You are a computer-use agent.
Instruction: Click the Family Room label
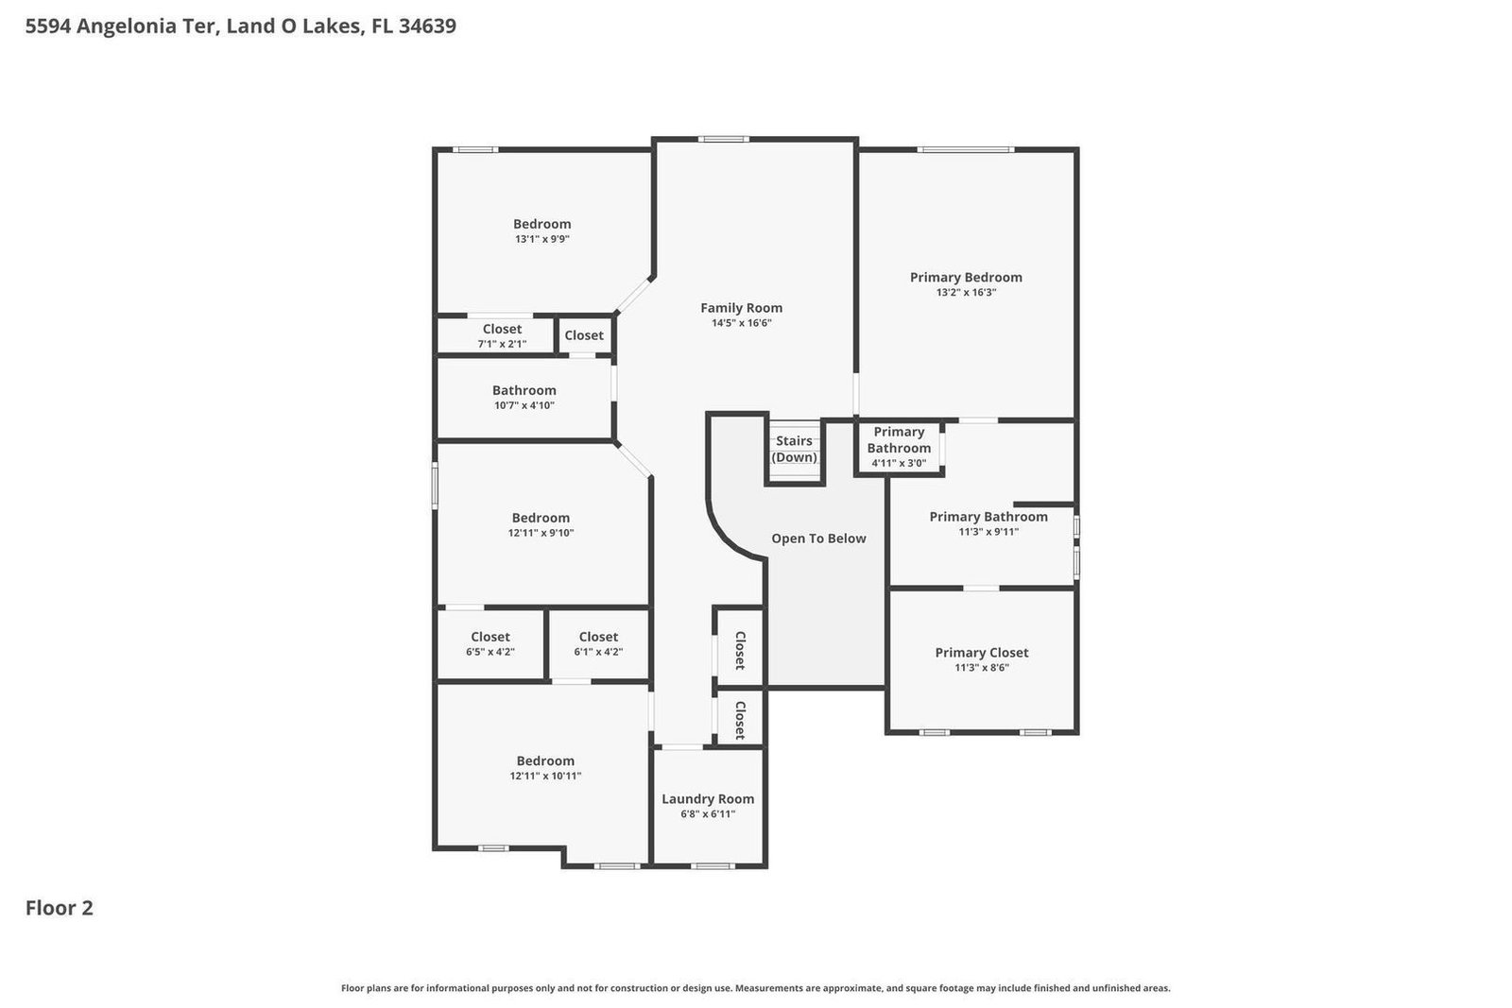pos(741,308)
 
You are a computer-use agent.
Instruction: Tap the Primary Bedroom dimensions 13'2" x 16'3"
pos(966,293)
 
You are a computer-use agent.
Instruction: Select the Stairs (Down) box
pos(794,450)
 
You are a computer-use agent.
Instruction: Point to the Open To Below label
pos(818,538)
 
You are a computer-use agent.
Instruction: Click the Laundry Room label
pos(708,799)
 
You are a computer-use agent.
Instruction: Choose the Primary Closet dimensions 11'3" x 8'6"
pos(981,668)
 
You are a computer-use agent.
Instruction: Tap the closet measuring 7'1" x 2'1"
pos(502,336)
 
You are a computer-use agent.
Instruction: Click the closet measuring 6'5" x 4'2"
pos(490,644)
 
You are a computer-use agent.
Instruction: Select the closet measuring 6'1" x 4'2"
pos(598,644)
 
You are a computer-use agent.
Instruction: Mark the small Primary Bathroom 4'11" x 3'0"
pos(899,447)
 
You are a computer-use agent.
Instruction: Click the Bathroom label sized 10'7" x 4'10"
pos(524,390)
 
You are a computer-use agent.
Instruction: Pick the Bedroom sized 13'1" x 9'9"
pos(541,231)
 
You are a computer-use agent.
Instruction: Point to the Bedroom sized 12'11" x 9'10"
pos(541,524)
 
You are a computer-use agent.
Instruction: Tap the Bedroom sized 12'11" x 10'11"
pos(545,767)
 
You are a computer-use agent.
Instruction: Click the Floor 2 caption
pos(59,908)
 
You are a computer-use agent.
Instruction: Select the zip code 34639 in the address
pos(427,26)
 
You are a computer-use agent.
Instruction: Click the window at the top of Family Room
pos(724,140)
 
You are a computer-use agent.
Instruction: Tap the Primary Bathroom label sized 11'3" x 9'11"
pos(988,517)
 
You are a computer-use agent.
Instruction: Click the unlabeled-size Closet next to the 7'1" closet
pos(584,335)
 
